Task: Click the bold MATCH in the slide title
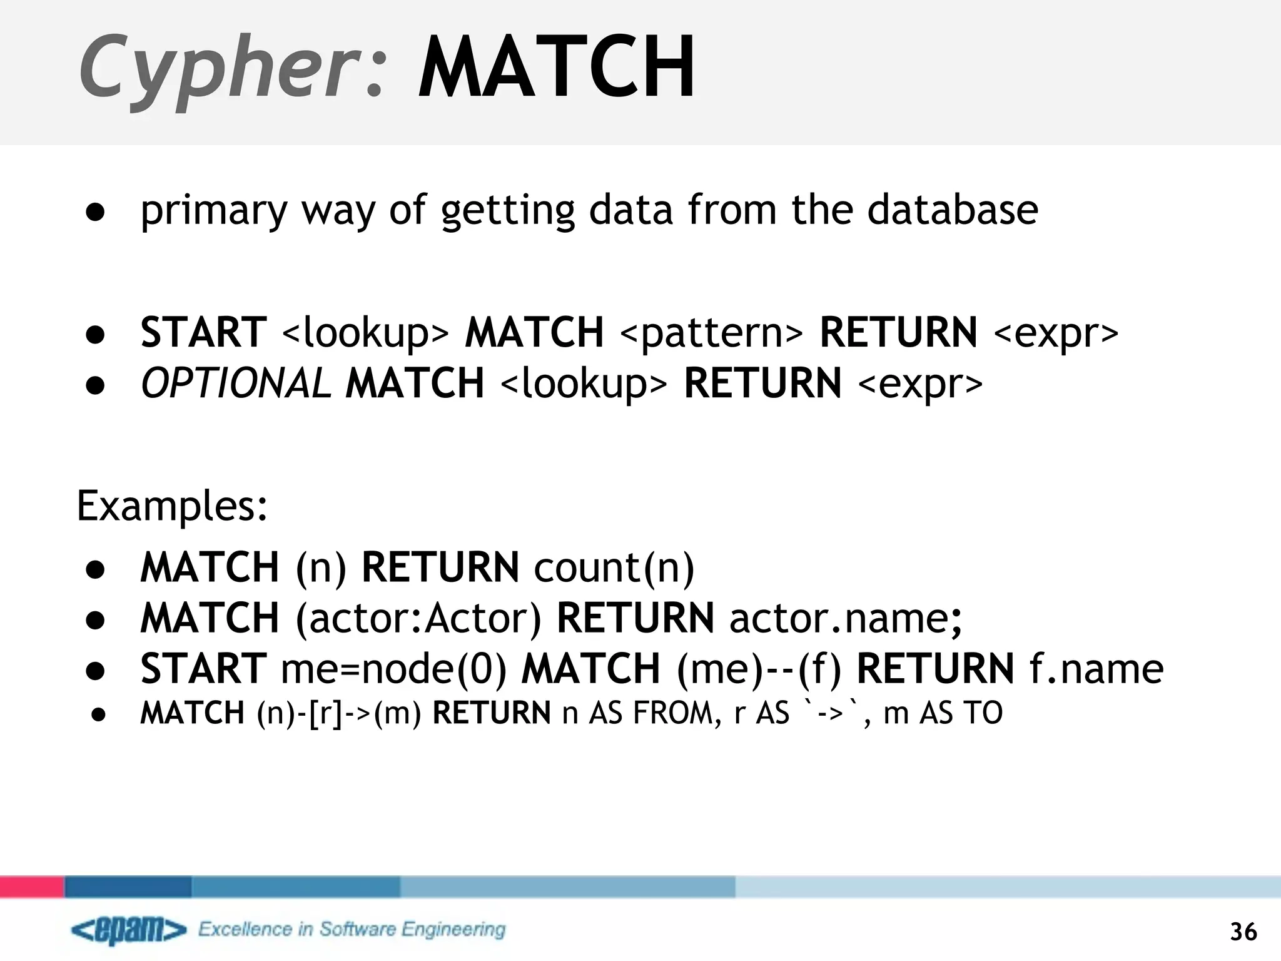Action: [x=556, y=68]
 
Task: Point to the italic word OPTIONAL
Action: [x=235, y=383]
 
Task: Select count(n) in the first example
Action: [x=614, y=567]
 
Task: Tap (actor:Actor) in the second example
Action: [x=418, y=618]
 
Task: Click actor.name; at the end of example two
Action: [x=846, y=618]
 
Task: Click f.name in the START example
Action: [x=1096, y=669]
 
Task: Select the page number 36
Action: [x=1243, y=932]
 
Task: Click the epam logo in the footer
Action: [x=129, y=930]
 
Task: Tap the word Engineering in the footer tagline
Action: [x=453, y=930]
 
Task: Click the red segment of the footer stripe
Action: [x=32, y=887]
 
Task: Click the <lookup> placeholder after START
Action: [x=365, y=332]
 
